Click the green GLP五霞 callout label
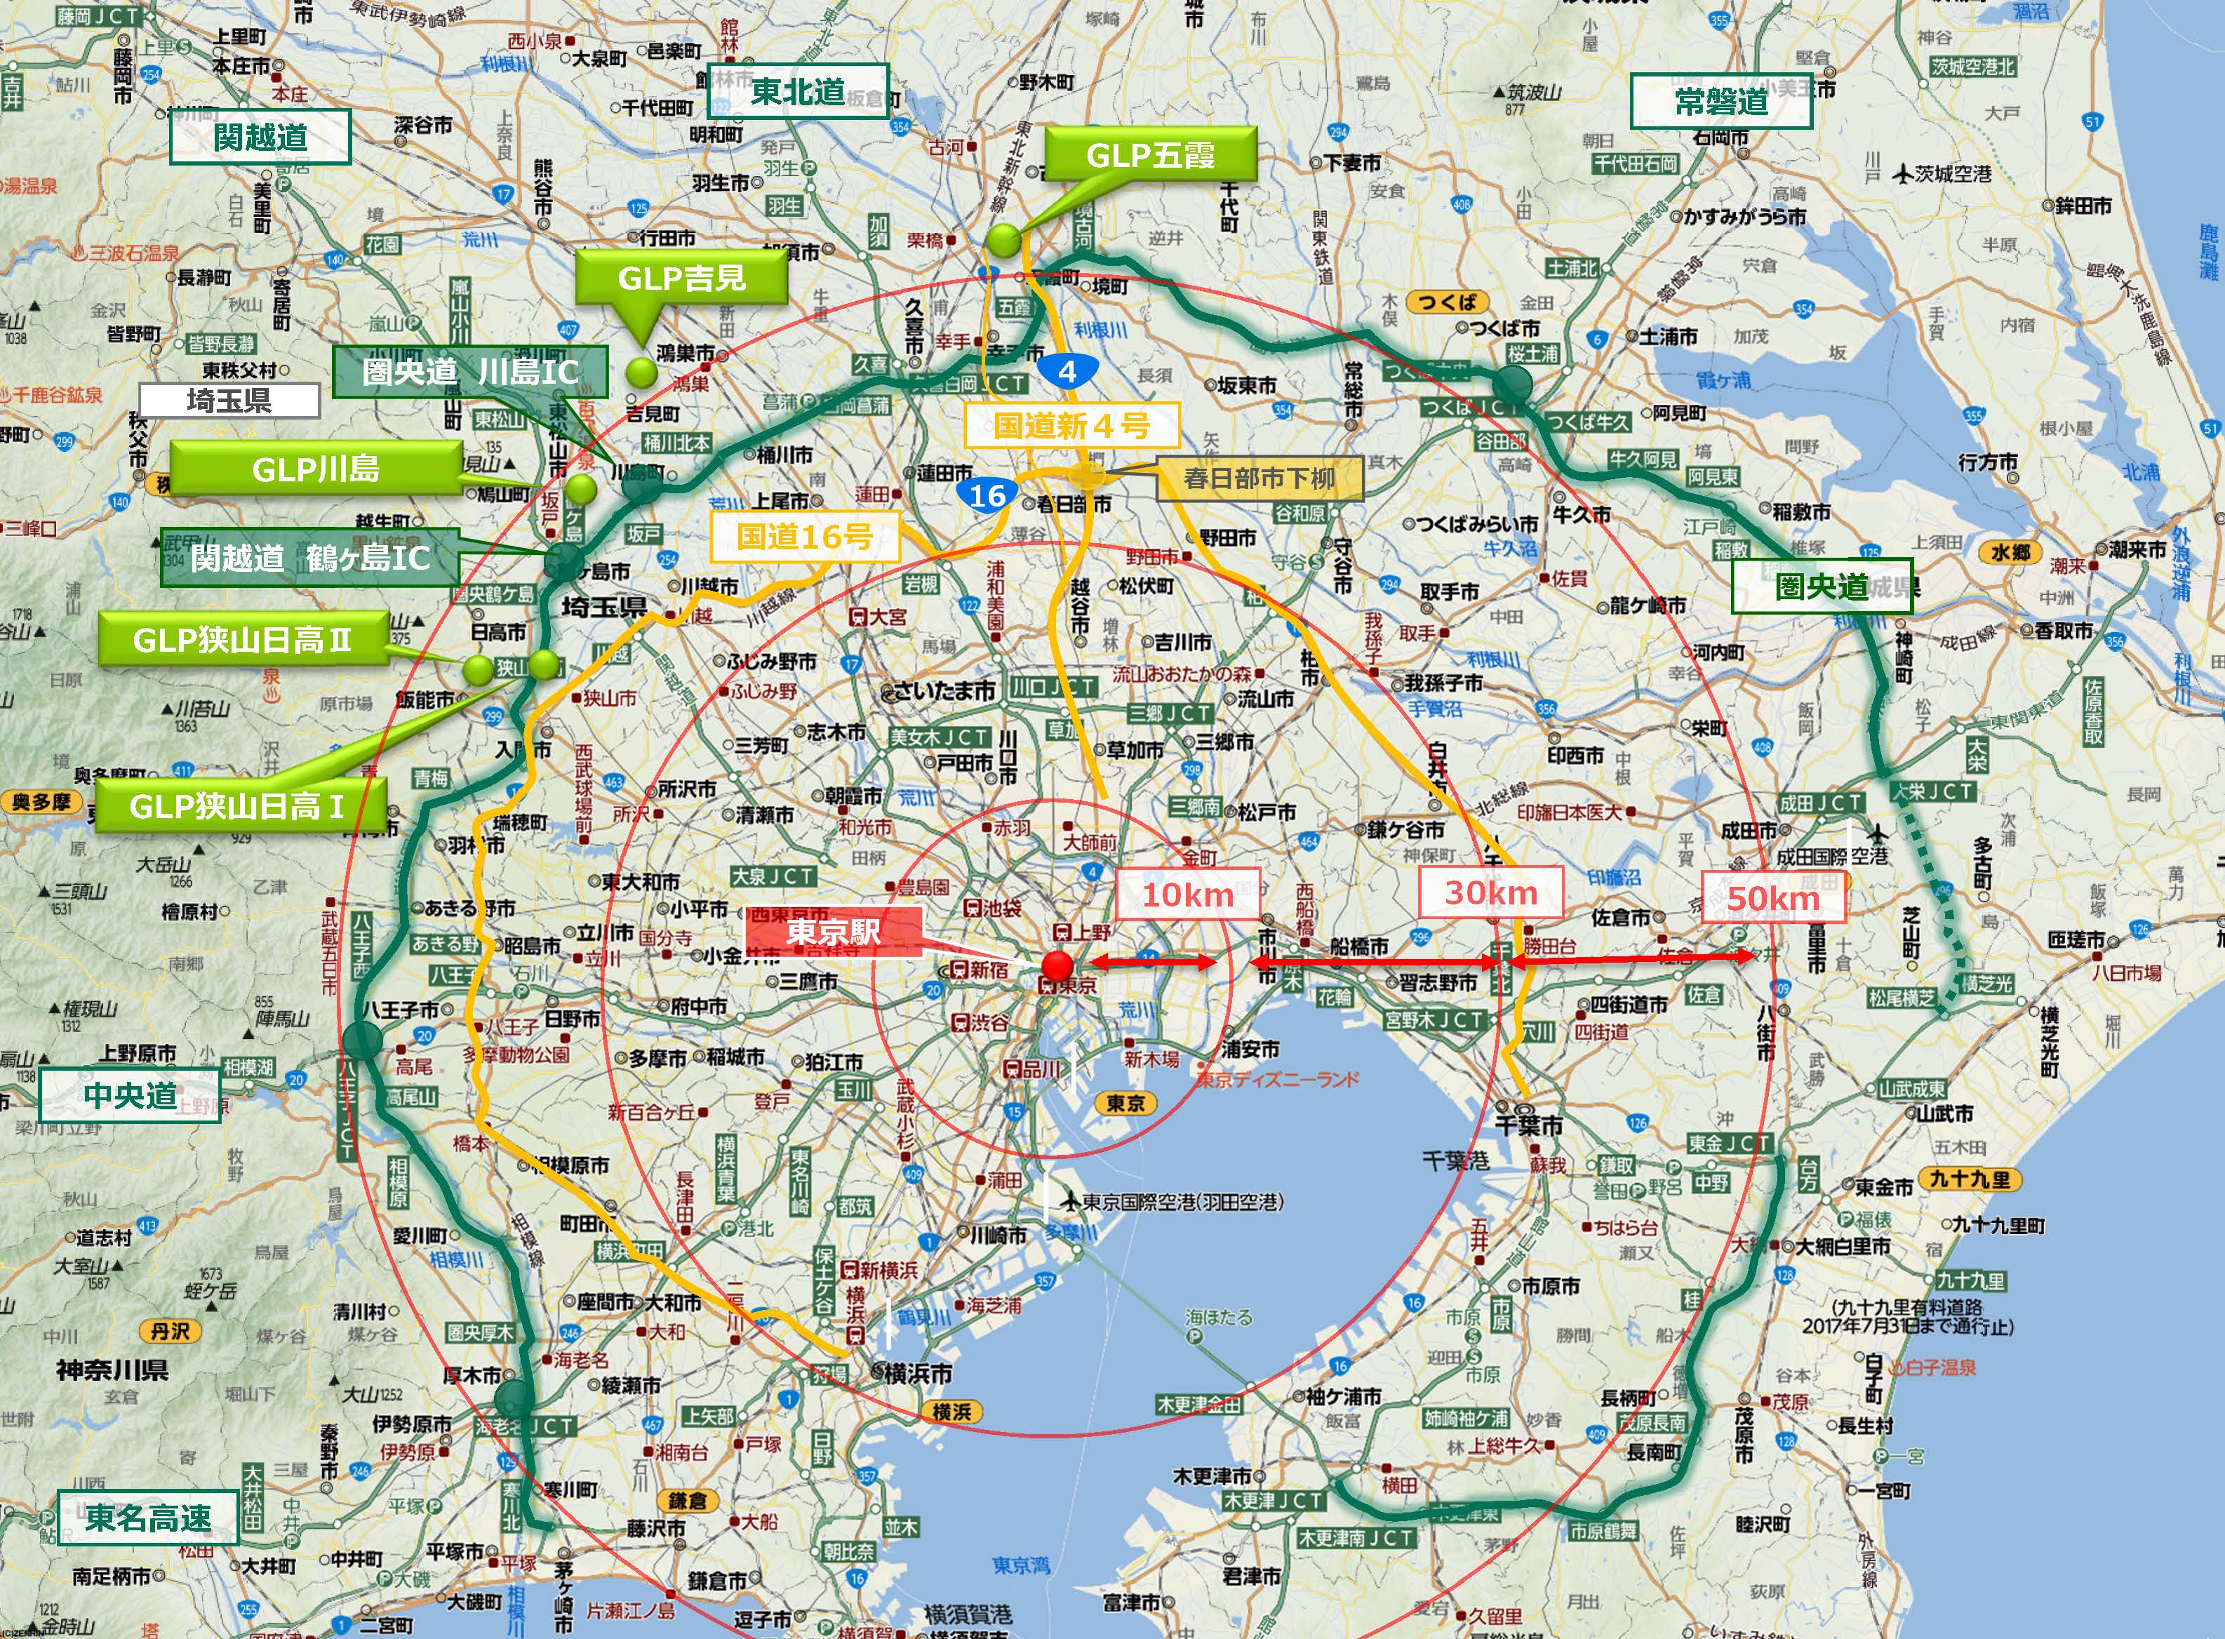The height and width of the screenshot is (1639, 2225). [x=1150, y=155]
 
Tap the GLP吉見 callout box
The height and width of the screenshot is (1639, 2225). [x=681, y=278]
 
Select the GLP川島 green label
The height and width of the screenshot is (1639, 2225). [x=316, y=468]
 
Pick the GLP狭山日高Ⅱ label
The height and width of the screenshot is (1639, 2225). [x=242, y=639]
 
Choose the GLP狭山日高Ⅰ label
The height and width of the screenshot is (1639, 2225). [x=237, y=805]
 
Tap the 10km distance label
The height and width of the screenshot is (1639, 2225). [x=1187, y=894]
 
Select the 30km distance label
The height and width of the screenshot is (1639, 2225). [x=1490, y=892]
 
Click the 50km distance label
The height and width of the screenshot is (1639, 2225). [x=1774, y=898]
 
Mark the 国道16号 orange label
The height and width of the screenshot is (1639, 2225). [x=805, y=537]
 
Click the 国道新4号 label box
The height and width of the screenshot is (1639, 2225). [x=1071, y=426]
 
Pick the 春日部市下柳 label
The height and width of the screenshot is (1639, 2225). [x=1259, y=479]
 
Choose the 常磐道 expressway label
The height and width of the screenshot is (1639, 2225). [x=1721, y=101]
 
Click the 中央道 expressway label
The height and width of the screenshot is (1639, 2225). [x=130, y=1095]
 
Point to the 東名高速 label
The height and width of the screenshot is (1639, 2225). [x=148, y=1517]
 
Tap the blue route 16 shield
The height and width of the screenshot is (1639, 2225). [x=987, y=495]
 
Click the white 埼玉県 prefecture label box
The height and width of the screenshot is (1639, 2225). [x=229, y=400]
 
